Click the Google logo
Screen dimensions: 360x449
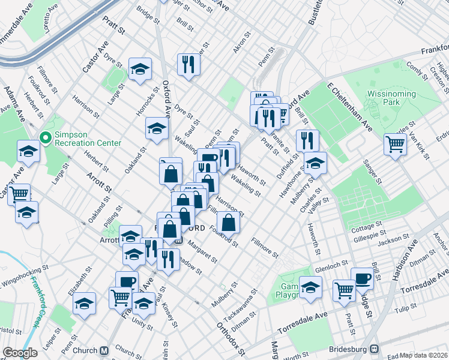coord(20,353)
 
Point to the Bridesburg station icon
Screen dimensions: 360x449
coord(375,348)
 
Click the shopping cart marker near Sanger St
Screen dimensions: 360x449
coord(395,144)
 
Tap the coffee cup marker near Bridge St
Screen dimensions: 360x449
coord(362,278)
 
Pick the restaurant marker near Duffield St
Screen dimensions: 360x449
coord(307,140)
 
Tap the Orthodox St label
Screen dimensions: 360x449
coord(231,338)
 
